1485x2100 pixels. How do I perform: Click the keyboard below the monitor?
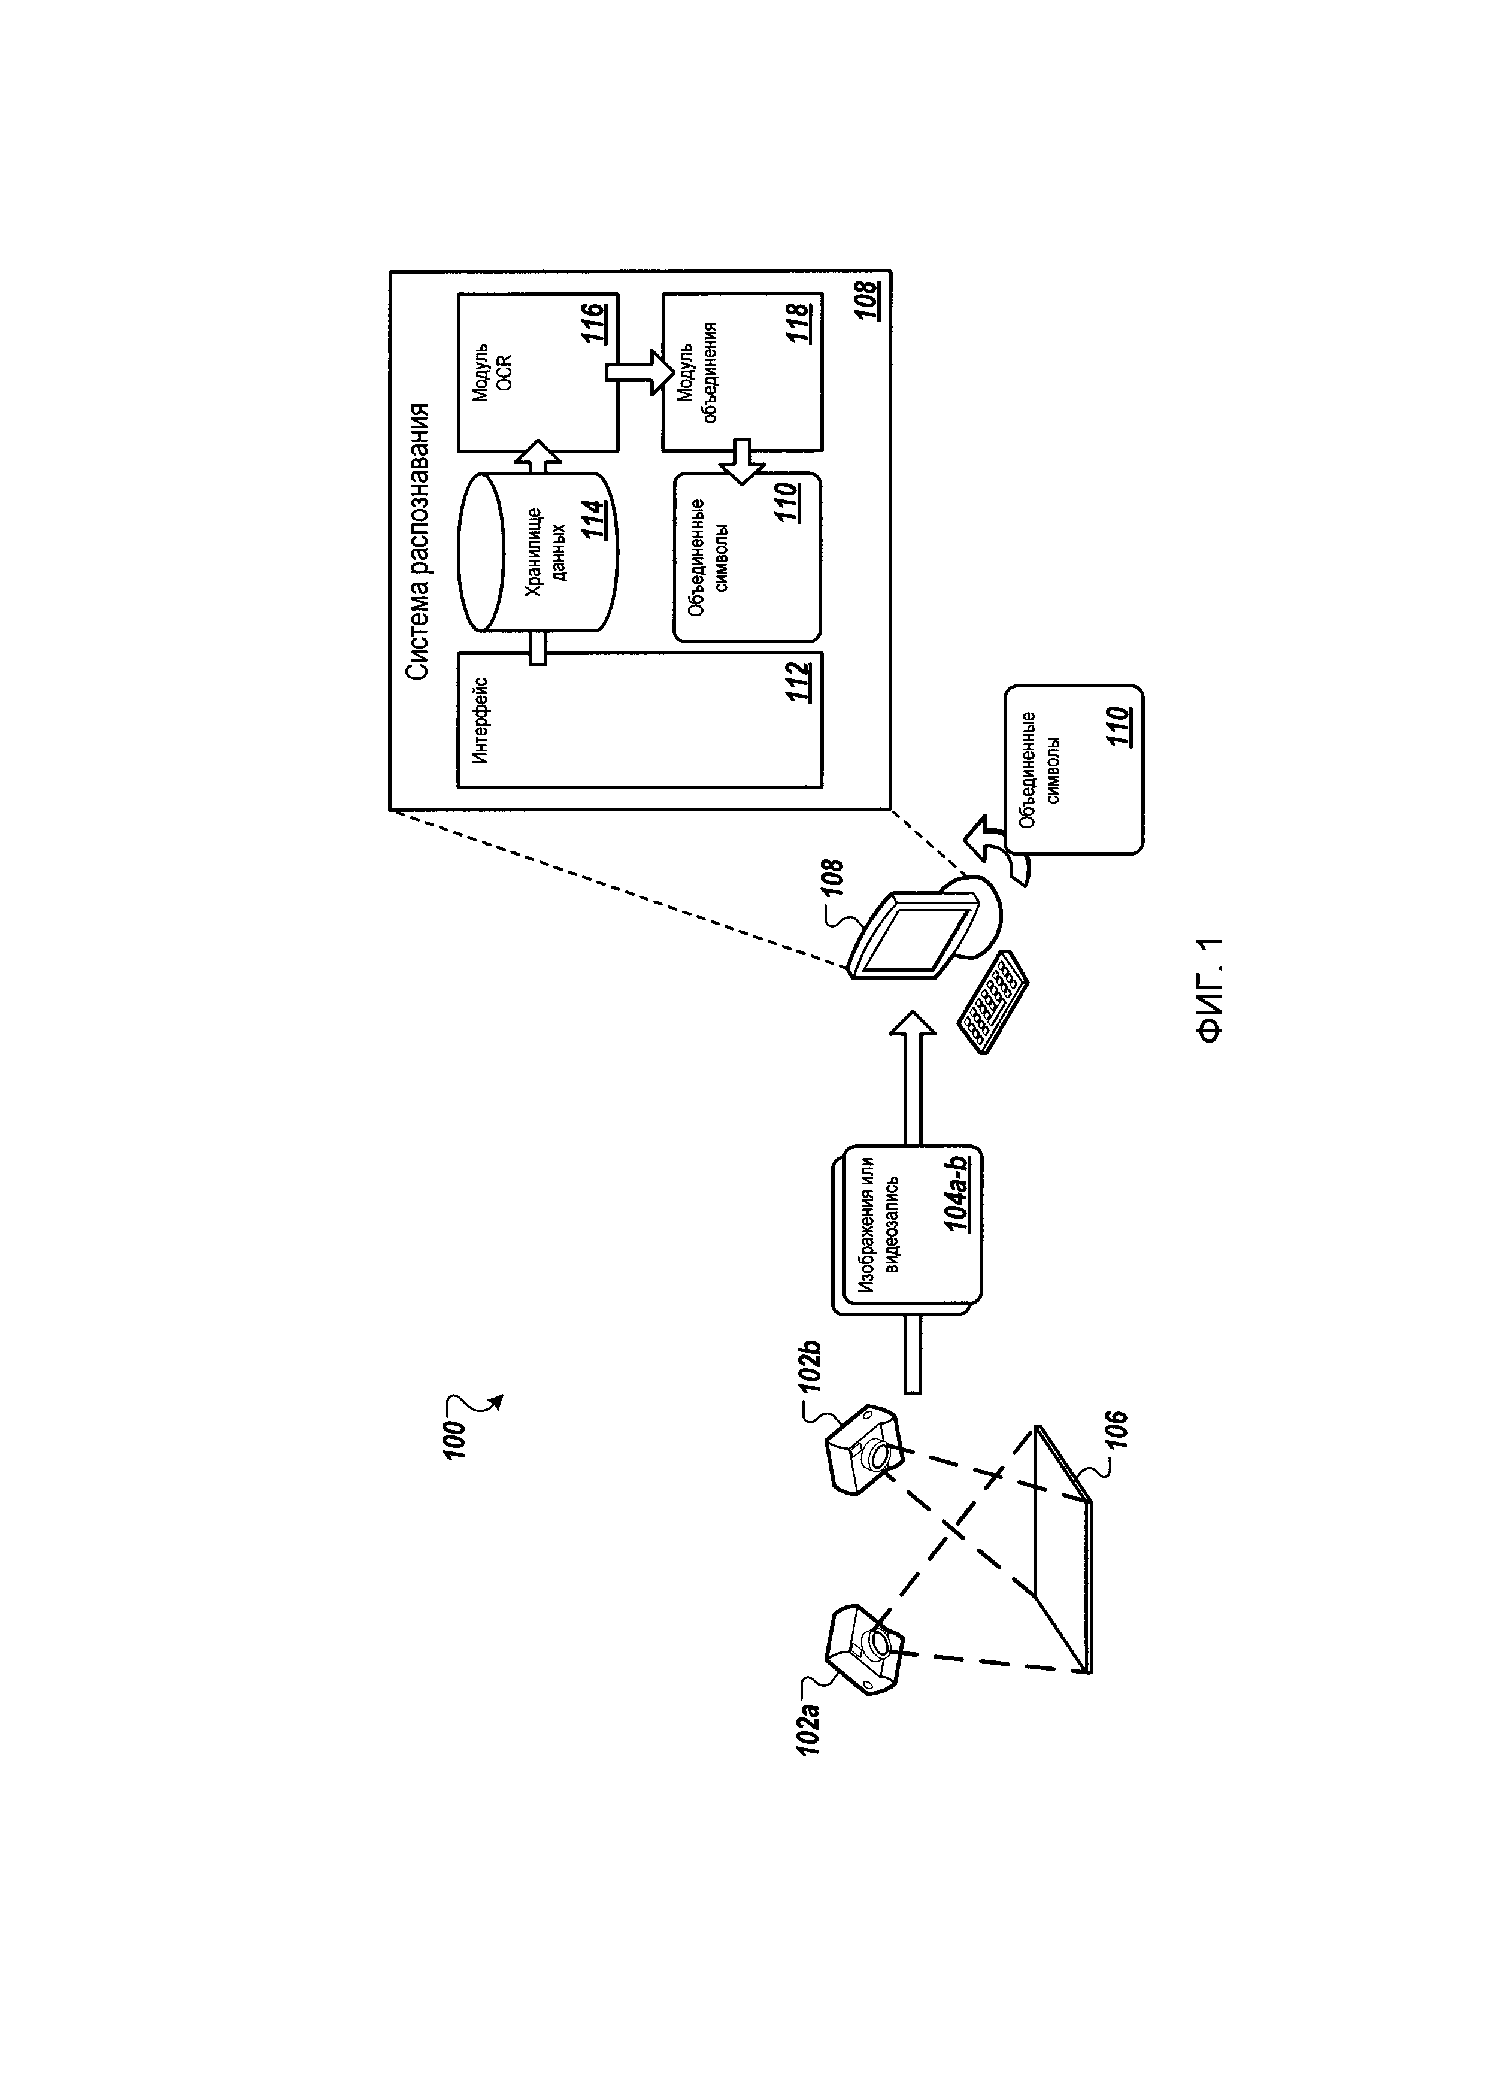tap(992, 1002)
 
